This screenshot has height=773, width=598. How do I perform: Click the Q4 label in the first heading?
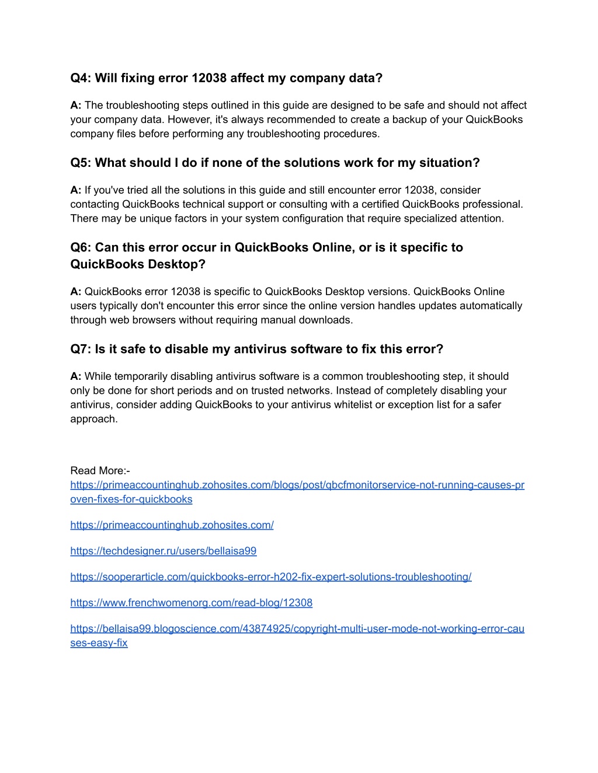81,78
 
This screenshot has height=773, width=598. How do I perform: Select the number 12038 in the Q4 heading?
209,78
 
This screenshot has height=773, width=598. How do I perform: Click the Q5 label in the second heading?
81,163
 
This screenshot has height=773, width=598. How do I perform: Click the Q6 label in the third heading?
81,247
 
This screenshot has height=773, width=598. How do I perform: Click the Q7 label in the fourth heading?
81,349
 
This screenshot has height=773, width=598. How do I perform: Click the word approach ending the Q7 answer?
93,419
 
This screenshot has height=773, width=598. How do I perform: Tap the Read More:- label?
100,471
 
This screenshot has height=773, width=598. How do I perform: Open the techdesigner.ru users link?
164,551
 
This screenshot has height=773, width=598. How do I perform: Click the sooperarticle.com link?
271,577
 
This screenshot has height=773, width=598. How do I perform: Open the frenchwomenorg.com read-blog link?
192,603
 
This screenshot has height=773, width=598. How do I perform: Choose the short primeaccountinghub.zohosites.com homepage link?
172,525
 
